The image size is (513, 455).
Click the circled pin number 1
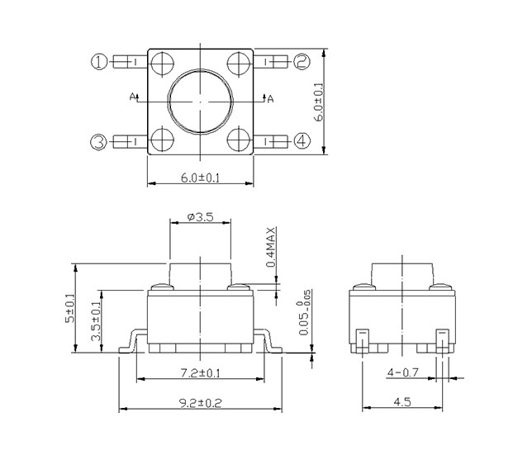click(x=98, y=61)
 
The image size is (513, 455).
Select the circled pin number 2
click(x=302, y=61)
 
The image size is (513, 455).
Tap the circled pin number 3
click(x=98, y=142)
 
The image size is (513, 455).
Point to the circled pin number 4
click(x=302, y=141)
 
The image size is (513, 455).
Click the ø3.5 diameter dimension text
click(x=200, y=216)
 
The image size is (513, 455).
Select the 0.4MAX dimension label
click(x=271, y=247)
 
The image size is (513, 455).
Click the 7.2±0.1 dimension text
click(x=201, y=372)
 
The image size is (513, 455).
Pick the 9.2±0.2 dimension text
click(x=201, y=403)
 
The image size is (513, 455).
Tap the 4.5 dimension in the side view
click(x=402, y=401)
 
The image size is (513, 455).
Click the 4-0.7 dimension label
click(x=403, y=372)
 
